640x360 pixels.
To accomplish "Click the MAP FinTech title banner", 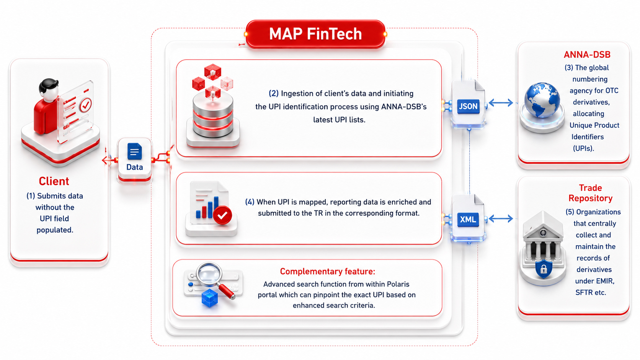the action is click(315, 34).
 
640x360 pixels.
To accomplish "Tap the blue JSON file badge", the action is click(468, 106).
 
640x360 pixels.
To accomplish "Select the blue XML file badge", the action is click(468, 220).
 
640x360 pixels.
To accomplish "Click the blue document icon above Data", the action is click(135, 151).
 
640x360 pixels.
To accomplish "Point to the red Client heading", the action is click(54, 181).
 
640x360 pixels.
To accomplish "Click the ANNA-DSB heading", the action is click(587, 55).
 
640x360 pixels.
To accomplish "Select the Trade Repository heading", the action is click(590, 193).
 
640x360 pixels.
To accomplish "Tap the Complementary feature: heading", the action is click(327, 271).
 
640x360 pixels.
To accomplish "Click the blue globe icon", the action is click(542, 100).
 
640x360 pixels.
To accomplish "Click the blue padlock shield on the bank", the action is click(543, 269).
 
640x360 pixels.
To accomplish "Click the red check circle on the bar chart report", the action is click(222, 215).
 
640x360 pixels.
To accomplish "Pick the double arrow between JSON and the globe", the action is click(501, 103).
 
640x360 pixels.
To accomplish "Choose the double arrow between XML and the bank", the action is click(501, 219).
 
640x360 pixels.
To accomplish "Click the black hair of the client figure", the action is click(49, 85).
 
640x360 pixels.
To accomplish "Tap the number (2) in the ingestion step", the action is click(273, 94).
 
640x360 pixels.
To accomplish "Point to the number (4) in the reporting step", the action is click(250, 202).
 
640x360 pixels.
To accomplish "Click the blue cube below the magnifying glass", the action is click(210, 298).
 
